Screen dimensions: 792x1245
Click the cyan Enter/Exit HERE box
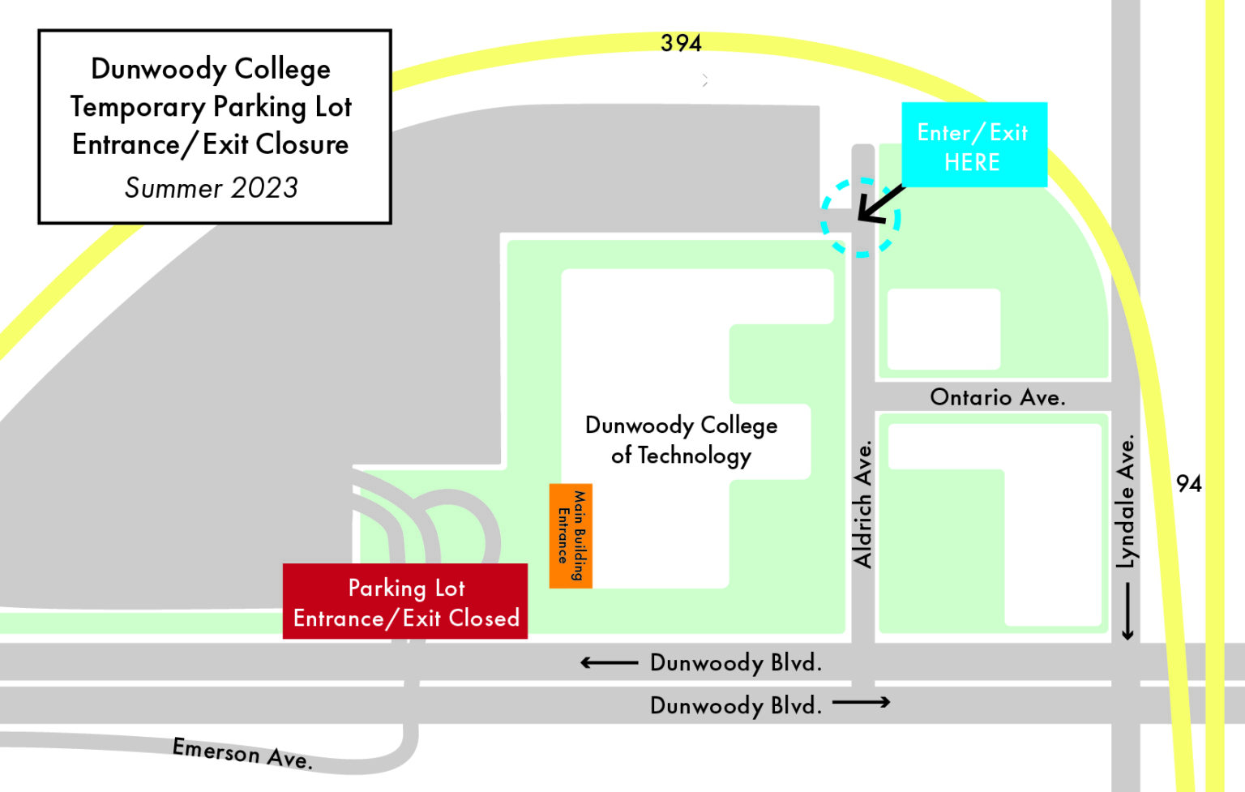coord(974,145)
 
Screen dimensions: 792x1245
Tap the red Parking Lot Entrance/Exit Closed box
coord(405,601)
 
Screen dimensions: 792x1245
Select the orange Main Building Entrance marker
coord(571,535)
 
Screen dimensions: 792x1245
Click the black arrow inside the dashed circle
coord(880,203)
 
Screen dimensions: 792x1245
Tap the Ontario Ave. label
coord(997,397)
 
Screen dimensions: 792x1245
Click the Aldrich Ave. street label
coord(863,504)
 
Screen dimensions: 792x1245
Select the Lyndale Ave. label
coord(1127,503)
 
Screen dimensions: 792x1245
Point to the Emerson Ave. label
coord(242,753)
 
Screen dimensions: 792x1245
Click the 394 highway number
coord(681,43)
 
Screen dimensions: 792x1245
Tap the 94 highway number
coord(1188,484)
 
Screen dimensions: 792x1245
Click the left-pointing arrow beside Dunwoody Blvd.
coord(609,663)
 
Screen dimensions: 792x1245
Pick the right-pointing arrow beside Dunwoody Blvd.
coord(861,702)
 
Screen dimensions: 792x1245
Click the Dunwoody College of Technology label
coord(681,440)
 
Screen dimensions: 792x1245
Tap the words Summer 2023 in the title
coord(212,188)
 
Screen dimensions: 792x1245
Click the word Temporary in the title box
coord(138,107)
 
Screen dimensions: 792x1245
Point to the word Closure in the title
coord(302,144)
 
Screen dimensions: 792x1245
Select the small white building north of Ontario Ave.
coord(943,329)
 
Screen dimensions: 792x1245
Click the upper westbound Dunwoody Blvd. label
coord(735,663)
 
